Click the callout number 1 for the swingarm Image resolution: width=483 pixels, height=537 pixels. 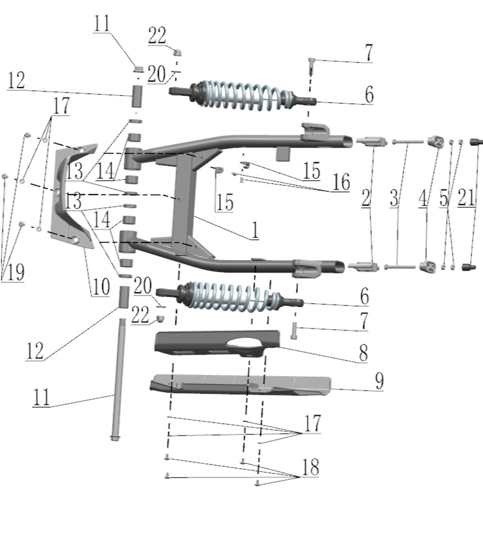[255, 230]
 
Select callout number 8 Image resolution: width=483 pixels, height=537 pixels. [363, 352]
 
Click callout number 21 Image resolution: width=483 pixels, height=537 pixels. [466, 198]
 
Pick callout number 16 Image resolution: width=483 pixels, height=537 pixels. [341, 182]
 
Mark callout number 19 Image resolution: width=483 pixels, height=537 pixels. [15, 272]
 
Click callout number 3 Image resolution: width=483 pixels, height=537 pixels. [394, 198]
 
